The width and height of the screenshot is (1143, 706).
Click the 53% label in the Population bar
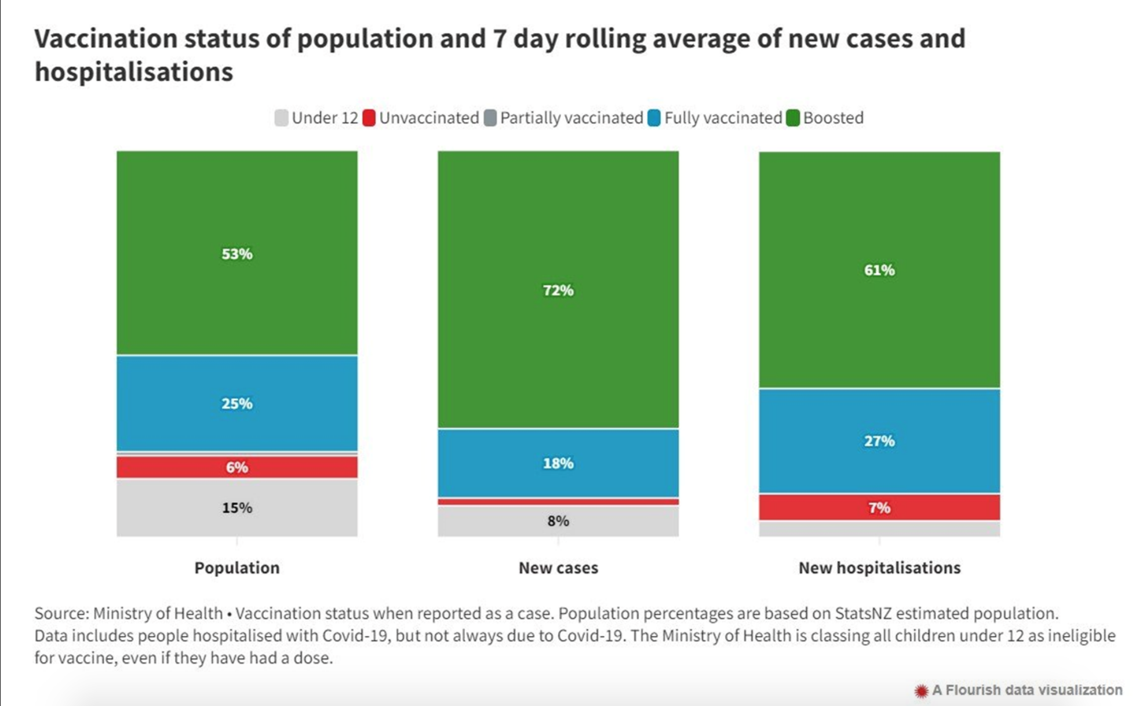tap(236, 254)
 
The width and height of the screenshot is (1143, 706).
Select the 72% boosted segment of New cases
tap(558, 290)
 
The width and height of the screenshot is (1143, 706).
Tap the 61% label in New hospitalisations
tap(879, 270)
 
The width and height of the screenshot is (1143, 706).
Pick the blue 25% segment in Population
tap(236, 403)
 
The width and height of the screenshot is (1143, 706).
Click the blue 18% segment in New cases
tap(558, 463)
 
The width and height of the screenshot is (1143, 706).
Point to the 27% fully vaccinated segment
tap(879, 441)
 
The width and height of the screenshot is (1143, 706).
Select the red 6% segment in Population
tap(236, 467)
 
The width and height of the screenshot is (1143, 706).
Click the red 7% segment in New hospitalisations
tap(879, 508)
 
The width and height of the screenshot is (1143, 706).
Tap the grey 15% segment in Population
tap(236, 508)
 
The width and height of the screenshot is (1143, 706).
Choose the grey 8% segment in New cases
tap(558, 521)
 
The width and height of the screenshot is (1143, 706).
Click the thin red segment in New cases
tap(558, 501)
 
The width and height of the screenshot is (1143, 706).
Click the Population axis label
tap(236, 567)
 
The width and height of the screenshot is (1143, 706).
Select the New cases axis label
tap(558, 567)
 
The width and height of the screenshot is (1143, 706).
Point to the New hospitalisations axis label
tap(879, 567)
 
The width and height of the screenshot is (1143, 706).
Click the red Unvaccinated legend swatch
tap(369, 118)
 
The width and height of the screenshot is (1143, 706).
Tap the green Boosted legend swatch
tap(793, 118)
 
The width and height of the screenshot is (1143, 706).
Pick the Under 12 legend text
tap(325, 118)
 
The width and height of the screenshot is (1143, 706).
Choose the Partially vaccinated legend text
tap(571, 118)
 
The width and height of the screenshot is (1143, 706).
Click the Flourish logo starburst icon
tap(921, 690)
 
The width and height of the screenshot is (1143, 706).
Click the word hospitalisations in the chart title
tap(133, 72)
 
